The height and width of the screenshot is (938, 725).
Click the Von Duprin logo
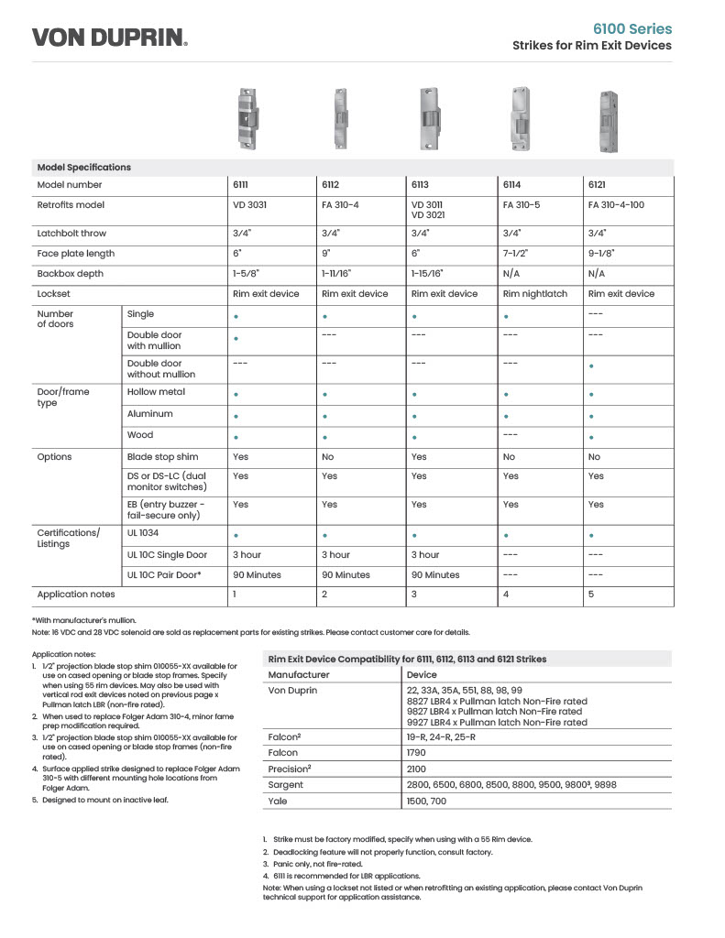tap(110, 37)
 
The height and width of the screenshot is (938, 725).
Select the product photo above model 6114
tap(520, 117)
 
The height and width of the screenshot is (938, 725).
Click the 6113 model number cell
tap(420, 185)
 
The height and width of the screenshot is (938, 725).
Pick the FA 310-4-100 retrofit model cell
tap(616, 205)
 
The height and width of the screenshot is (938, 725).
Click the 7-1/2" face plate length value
tap(516, 254)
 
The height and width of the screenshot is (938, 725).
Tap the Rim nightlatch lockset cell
tap(535, 294)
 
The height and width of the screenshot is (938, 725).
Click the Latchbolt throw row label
tap(71, 234)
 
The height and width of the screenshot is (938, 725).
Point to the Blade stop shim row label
tap(162, 456)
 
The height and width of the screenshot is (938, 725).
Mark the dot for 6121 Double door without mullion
tap(592, 366)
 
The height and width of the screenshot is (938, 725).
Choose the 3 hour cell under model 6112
tap(335, 555)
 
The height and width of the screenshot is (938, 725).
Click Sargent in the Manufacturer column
tap(286, 785)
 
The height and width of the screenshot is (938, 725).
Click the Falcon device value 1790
tap(417, 752)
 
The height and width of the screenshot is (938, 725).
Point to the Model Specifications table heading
tap(83, 168)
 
